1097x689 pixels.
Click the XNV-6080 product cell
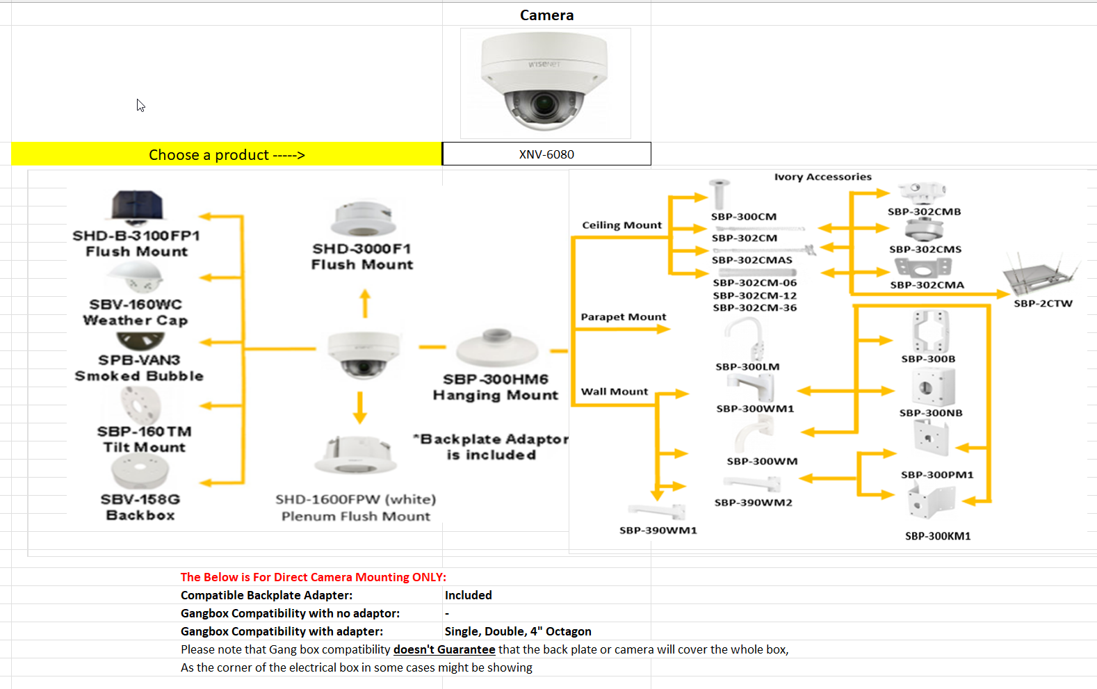point(546,154)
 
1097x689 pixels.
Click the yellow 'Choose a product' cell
point(227,154)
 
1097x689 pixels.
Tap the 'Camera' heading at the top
point(546,15)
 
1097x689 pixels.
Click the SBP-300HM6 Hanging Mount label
point(495,387)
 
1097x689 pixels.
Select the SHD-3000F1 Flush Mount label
point(361,257)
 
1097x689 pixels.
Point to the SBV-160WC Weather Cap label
point(136,312)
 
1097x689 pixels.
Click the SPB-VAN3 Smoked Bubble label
point(139,368)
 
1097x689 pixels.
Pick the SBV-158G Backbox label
point(140,507)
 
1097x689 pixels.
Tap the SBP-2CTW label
point(1043,303)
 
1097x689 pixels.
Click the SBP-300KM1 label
point(938,536)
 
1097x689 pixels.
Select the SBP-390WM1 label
point(658,530)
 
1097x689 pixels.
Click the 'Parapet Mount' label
point(623,317)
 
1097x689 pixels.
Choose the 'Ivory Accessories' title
point(822,177)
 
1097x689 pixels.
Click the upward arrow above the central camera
point(365,304)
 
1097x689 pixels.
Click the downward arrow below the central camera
point(359,407)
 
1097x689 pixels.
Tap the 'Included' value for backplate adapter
point(468,595)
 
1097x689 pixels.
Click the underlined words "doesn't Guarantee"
point(444,649)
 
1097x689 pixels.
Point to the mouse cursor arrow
point(140,105)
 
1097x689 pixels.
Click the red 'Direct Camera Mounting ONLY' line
point(313,577)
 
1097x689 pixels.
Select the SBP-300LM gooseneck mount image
point(746,337)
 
